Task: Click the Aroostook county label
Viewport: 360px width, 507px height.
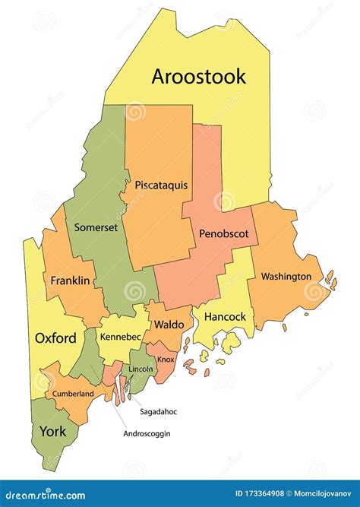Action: pos(199,76)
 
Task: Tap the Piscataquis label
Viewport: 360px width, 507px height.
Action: pos(161,185)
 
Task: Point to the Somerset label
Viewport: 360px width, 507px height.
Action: pos(96,227)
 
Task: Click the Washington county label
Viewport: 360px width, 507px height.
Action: pos(286,276)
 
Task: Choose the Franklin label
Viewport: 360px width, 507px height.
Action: pos(70,280)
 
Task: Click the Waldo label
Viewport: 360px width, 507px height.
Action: pos(169,324)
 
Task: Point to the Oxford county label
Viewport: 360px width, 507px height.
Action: pos(55,337)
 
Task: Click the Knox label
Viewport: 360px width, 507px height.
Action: pos(166,360)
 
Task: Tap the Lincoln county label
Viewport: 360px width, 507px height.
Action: pos(141,369)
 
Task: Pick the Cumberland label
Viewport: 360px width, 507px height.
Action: pos(73,394)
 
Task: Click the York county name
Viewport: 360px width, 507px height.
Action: pos(52,431)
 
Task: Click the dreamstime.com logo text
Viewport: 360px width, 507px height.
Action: pos(43,493)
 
